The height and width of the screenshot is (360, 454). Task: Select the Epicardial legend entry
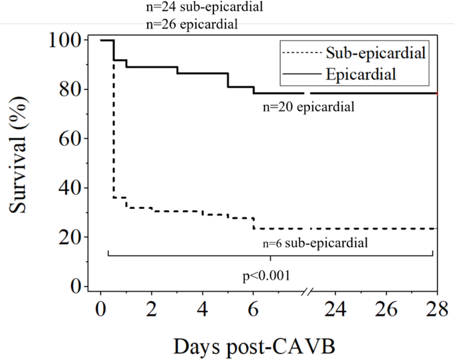(361, 74)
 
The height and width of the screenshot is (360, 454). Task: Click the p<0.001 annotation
(265, 272)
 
